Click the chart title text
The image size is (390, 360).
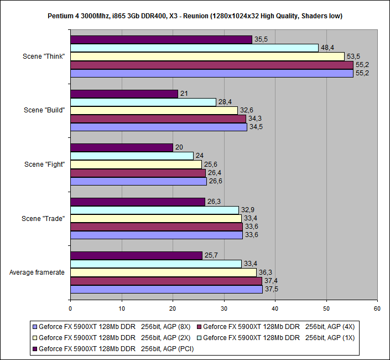(195, 16)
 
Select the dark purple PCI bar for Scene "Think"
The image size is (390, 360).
(161, 40)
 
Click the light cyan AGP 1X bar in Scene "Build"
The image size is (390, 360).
(143, 102)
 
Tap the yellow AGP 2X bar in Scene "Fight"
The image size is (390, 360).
(136, 164)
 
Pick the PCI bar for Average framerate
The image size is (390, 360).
(136, 255)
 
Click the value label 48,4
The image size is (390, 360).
(327, 48)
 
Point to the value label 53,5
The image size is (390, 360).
(353, 56)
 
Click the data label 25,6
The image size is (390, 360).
(211, 164)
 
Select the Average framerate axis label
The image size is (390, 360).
(38, 272)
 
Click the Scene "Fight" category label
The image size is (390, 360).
(45, 164)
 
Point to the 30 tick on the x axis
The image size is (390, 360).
(224, 308)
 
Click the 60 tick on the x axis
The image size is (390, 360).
(377, 308)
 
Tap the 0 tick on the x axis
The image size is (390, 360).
(71, 308)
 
